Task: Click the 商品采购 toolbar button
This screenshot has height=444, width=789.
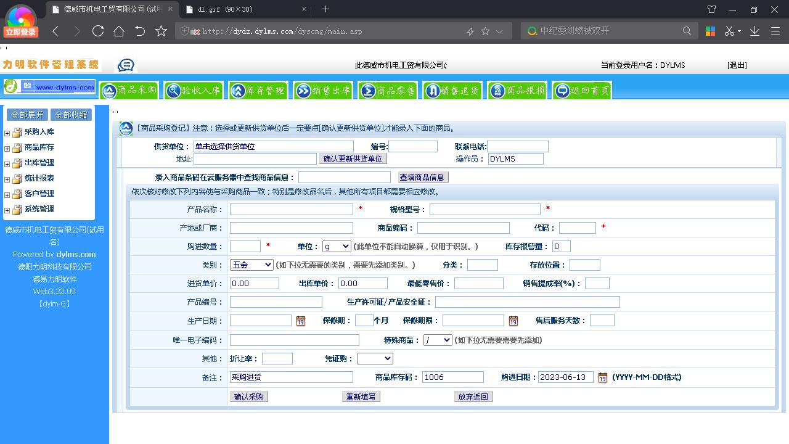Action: (129, 91)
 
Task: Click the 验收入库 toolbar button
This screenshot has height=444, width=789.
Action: (194, 91)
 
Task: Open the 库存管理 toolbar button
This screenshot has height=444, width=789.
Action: (258, 91)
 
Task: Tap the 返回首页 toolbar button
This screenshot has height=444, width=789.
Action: (582, 91)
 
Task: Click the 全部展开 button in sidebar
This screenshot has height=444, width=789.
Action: (27, 115)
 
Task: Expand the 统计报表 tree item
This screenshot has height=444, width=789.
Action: (7, 179)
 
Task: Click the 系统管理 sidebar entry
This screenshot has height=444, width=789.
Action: (39, 209)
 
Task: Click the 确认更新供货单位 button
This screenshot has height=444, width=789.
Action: (353, 159)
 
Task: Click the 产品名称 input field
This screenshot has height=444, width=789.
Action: (291, 209)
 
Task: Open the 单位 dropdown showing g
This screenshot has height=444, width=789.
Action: (337, 246)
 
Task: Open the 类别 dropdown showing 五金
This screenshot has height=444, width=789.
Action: (251, 265)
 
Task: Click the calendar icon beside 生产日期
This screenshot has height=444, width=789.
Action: (301, 321)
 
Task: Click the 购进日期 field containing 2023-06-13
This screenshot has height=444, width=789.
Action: (565, 377)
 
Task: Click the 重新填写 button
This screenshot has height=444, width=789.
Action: (361, 397)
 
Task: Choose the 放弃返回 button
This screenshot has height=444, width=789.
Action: (473, 397)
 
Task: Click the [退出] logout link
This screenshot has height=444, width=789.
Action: (737, 65)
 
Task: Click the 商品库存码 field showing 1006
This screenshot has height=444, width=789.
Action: (452, 377)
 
